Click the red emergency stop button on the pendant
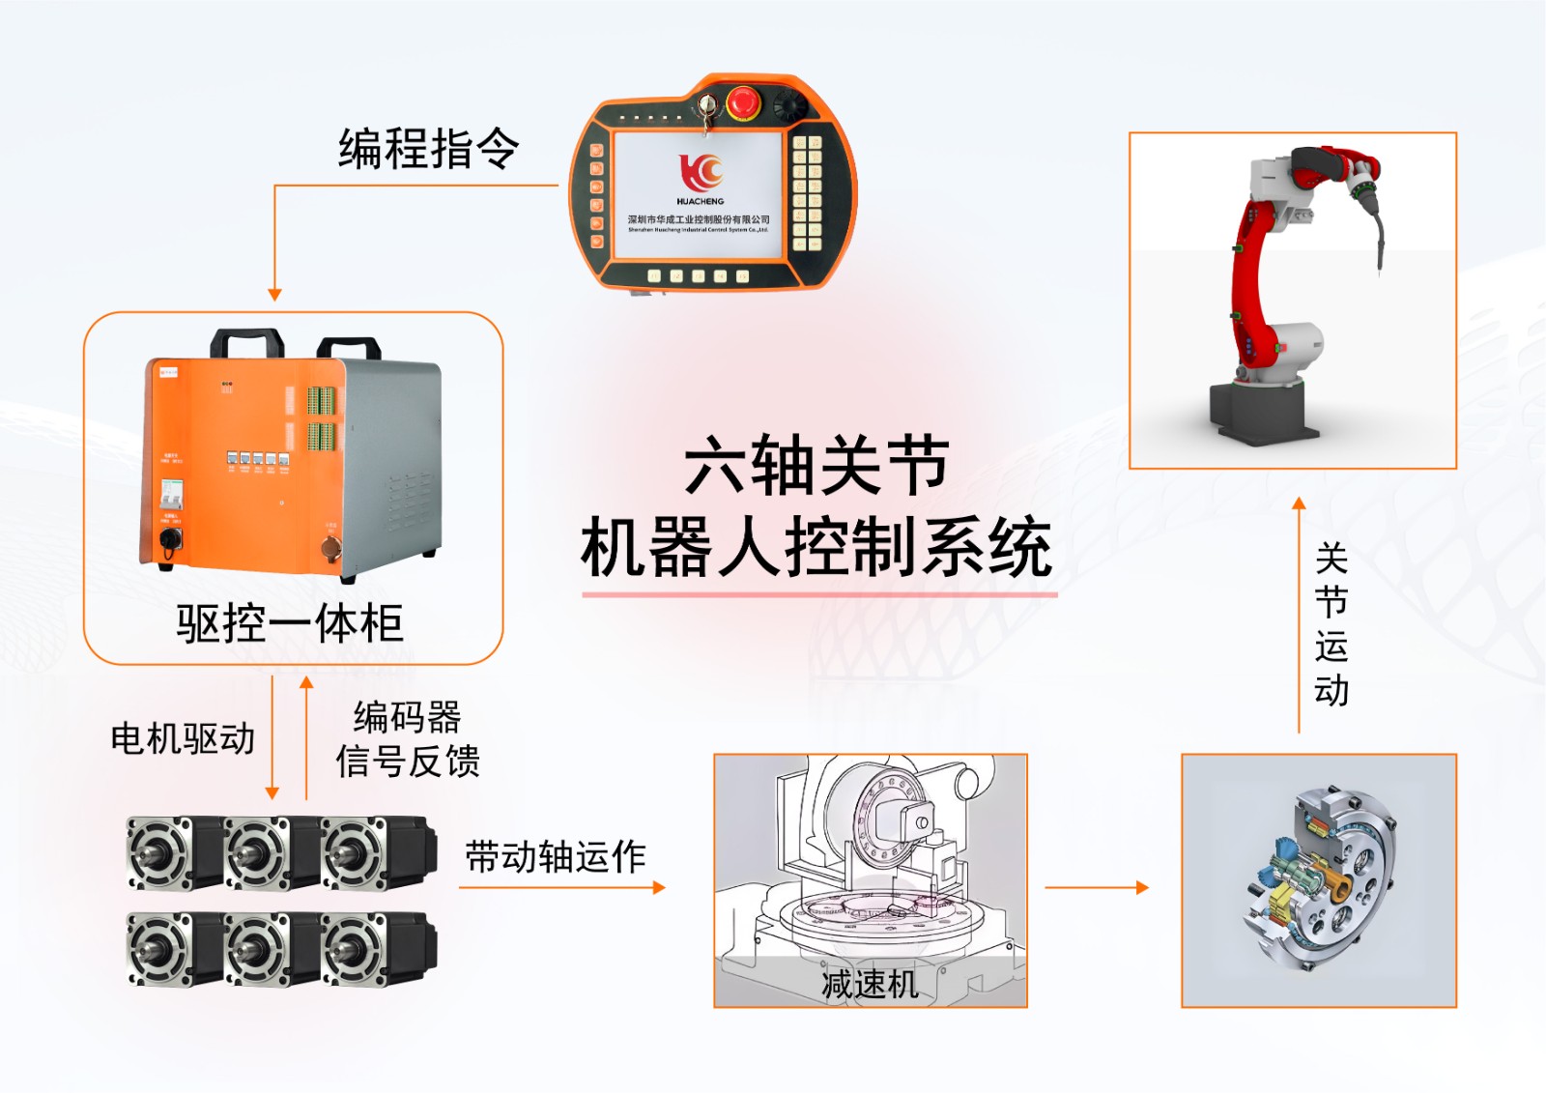(743, 101)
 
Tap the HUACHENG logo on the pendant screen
(701, 174)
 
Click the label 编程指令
(428, 150)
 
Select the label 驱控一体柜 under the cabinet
(289, 623)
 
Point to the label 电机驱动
(183, 739)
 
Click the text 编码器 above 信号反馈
(408, 717)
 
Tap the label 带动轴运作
(555, 856)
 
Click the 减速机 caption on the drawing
(869, 984)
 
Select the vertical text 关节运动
(1331, 624)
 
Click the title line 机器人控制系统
(816, 548)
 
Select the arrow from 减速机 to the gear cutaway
(1097, 887)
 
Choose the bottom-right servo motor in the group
(377, 948)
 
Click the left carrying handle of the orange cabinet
(247, 342)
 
